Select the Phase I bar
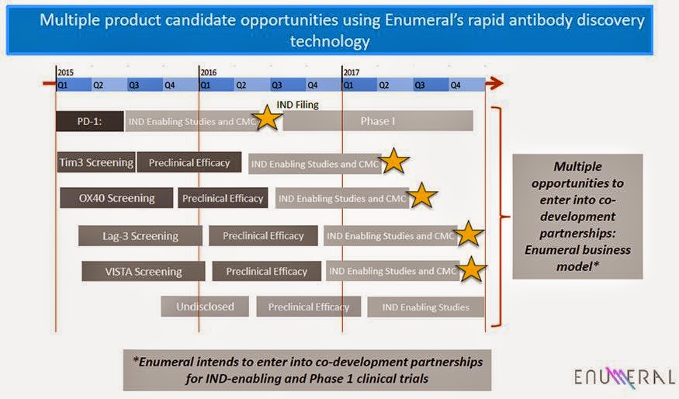pyautogui.click(x=378, y=121)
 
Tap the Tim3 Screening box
pyautogui.click(x=97, y=162)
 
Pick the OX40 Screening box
pyautogui.click(x=116, y=198)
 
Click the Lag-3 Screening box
pyautogui.click(x=140, y=236)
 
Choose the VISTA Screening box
pyautogui.click(x=144, y=271)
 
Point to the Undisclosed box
pyautogui.click(x=205, y=307)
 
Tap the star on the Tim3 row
pyautogui.click(x=393, y=161)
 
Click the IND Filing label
pyautogui.click(x=297, y=105)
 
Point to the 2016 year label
pyautogui.click(x=208, y=72)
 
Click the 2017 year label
pyautogui.click(x=352, y=72)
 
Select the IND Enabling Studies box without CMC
pyautogui.click(x=425, y=307)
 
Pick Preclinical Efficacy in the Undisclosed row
pyautogui.click(x=309, y=307)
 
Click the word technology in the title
pyautogui.click(x=329, y=40)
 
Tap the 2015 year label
pyautogui.click(x=65, y=72)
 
